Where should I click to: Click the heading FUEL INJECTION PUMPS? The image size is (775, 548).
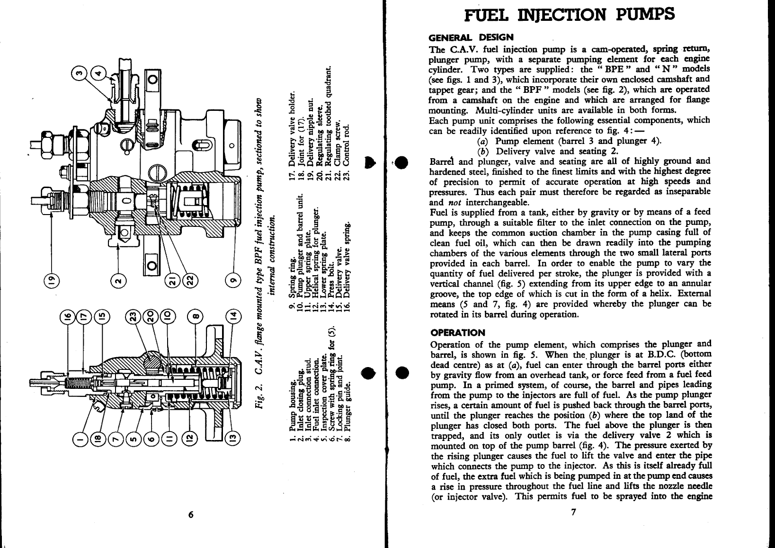[570, 15]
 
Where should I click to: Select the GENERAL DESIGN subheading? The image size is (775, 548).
[471, 37]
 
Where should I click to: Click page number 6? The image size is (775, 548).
[190, 516]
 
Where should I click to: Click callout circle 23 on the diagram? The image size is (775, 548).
[134, 316]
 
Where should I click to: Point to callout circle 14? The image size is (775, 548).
[232, 316]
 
